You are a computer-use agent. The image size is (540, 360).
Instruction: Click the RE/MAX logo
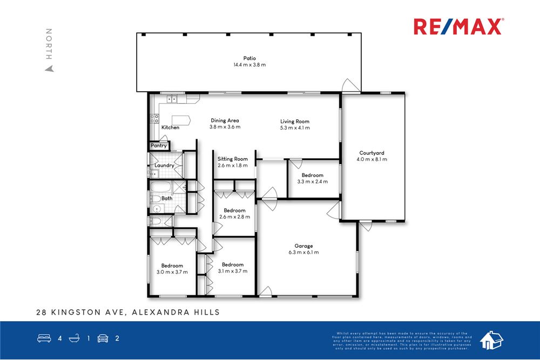click(458, 26)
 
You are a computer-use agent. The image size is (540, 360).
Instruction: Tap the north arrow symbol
click(49, 69)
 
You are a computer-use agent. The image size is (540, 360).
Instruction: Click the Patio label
click(249, 58)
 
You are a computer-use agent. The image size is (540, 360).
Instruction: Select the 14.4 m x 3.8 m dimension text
click(249, 65)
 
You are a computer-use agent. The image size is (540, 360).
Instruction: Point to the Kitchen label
click(171, 127)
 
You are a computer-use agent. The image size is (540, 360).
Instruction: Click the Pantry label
click(159, 146)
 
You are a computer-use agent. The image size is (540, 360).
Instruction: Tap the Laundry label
click(164, 165)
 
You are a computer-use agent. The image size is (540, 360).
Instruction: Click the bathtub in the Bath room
click(160, 188)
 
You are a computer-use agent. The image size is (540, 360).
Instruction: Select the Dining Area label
click(225, 120)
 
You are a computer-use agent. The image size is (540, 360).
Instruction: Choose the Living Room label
click(295, 121)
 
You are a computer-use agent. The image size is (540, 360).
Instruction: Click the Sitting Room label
click(233, 159)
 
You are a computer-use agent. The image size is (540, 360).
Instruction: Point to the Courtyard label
click(372, 153)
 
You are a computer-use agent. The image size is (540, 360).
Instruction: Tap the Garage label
click(303, 246)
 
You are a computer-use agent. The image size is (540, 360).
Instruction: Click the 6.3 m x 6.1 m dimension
click(303, 252)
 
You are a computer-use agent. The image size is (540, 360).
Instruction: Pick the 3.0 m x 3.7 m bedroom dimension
click(172, 272)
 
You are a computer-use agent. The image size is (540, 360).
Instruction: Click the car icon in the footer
click(103, 339)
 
